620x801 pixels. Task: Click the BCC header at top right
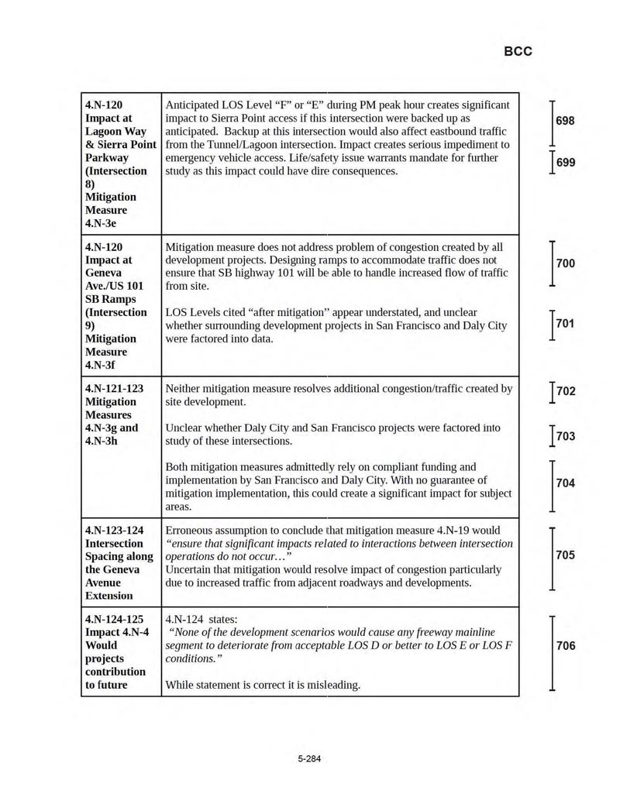tap(518, 52)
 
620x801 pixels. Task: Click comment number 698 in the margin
tap(566, 121)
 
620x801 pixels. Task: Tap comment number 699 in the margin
tap(566, 163)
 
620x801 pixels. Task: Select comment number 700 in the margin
tap(566, 263)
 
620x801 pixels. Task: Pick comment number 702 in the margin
tap(566, 390)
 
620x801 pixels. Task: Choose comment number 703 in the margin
tap(566, 436)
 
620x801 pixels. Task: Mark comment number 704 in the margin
tap(566, 483)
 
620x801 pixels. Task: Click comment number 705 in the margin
tap(566, 555)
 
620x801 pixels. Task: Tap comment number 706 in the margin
tap(566, 645)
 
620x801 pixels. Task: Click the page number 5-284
tap(309, 758)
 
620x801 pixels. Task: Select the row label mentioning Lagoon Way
tap(120, 163)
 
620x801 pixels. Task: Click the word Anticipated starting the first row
tap(195, 105)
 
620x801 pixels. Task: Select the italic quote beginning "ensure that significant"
tap(339, 550)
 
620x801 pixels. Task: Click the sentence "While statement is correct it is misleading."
tap(263, 685)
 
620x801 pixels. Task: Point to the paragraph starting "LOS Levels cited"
tap(336, 325)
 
